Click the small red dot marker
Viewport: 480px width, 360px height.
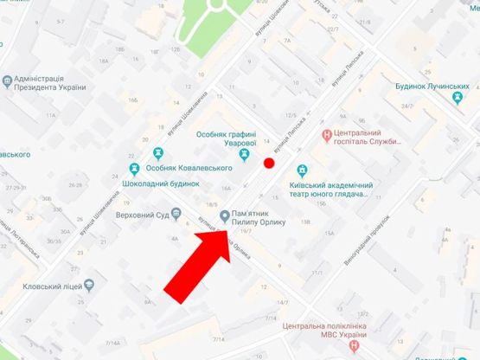pyautogui.click(x=269, y=162)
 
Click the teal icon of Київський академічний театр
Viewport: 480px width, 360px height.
pyautogui.click(x=303, y=170)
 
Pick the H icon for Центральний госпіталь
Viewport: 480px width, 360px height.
pyautogui.click(x=325, y=134)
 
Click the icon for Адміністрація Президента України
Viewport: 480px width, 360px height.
pyautogui.click(x=8, y=81)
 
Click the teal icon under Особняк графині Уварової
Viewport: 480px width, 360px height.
pyautogui.click(x=246, y=155)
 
